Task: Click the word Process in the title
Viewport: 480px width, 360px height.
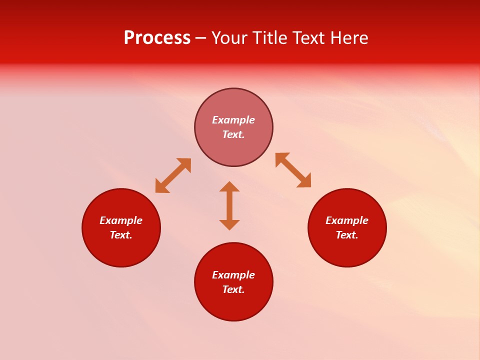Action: pos(157,38)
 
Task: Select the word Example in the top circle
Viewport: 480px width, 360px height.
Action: pos(233,120)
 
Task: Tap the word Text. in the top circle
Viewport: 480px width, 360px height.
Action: pos(233,134)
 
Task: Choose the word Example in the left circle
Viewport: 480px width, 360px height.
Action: pos(121,220)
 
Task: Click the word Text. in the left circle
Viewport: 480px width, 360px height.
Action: pos(121,235)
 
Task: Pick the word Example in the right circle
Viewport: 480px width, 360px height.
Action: pos(347,220)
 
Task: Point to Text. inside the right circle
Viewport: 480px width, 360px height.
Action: pos(347,235)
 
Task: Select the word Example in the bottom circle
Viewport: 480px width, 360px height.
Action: pos(233,275)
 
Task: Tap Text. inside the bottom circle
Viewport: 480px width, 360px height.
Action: pos(233,289)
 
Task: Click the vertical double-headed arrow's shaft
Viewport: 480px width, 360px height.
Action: pos(229,205)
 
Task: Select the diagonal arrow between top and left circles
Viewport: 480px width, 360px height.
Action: pos(173,175)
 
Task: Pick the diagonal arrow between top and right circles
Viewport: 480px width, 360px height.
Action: pos(293,170)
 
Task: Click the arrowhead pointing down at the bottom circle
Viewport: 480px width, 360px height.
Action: pos(229,224)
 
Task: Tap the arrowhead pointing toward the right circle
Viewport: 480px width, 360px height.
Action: pos(304,181)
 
